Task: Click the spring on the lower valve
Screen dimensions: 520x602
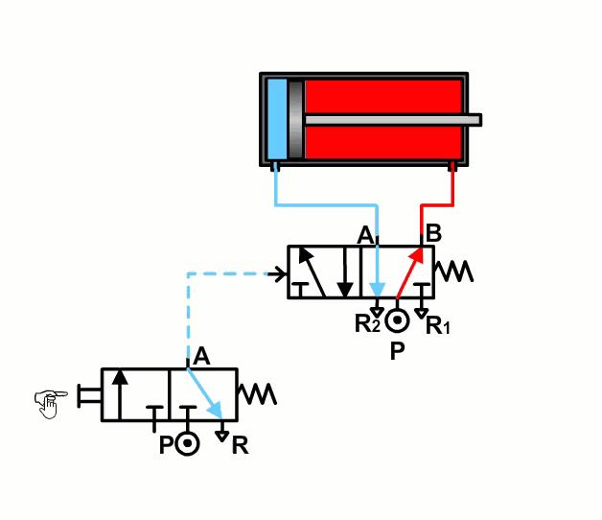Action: point(257,393)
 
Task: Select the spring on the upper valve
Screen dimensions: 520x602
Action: point(453,272)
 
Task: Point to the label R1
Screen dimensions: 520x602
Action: point(438,326)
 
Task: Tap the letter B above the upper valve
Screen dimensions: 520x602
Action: point(433,232)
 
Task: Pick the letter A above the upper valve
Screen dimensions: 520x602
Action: point(364,234)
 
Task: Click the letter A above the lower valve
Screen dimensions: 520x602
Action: point(200,356)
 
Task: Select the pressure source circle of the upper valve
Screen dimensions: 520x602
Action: point(398,318)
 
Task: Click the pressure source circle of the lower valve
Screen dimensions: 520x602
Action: point(188,444)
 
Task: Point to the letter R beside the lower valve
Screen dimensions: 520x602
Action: point(240,445)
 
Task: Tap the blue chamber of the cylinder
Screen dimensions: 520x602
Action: point(277,119)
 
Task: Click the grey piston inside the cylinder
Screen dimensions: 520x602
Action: point(295,119)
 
